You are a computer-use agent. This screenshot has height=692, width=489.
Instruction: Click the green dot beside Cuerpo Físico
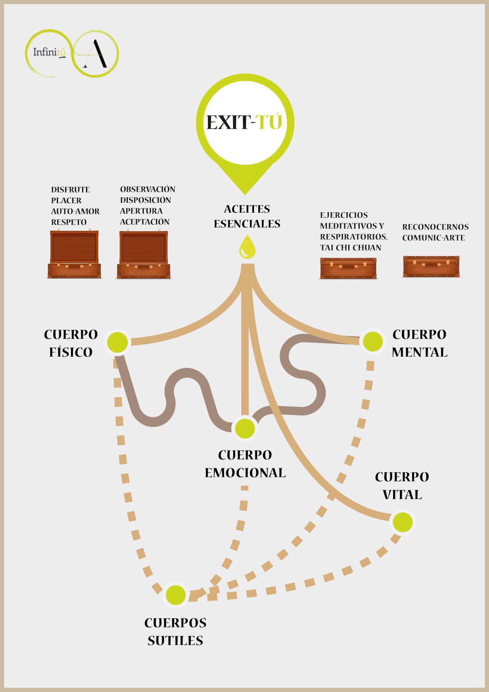point(118,342)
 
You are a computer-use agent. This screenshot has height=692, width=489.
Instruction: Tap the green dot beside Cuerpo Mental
point(373,341)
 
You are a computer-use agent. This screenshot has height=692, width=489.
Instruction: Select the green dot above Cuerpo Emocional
point(245,428)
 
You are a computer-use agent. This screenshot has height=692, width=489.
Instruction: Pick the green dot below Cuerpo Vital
point(402,522)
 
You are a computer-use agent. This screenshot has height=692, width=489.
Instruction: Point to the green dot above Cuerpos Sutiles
point(175,595)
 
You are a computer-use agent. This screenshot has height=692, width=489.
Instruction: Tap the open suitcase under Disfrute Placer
point(74,254)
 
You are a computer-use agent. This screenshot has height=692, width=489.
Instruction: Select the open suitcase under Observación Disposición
point(144,255)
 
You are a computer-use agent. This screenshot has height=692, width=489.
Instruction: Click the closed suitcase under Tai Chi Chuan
point(348,268)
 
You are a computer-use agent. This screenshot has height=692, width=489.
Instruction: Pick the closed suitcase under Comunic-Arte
point(431,266)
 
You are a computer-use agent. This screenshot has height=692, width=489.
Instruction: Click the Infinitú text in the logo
point(49,52)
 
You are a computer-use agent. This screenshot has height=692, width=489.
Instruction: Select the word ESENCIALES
point(247,224)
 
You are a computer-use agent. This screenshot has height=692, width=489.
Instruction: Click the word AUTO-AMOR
point(75,211)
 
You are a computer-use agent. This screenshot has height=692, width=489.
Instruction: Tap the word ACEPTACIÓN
point(145,222)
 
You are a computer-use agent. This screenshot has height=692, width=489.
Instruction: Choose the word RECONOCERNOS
point(435,227)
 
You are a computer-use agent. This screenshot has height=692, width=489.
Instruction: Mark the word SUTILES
point(175,640)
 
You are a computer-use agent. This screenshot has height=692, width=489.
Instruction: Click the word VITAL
point(402,494)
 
